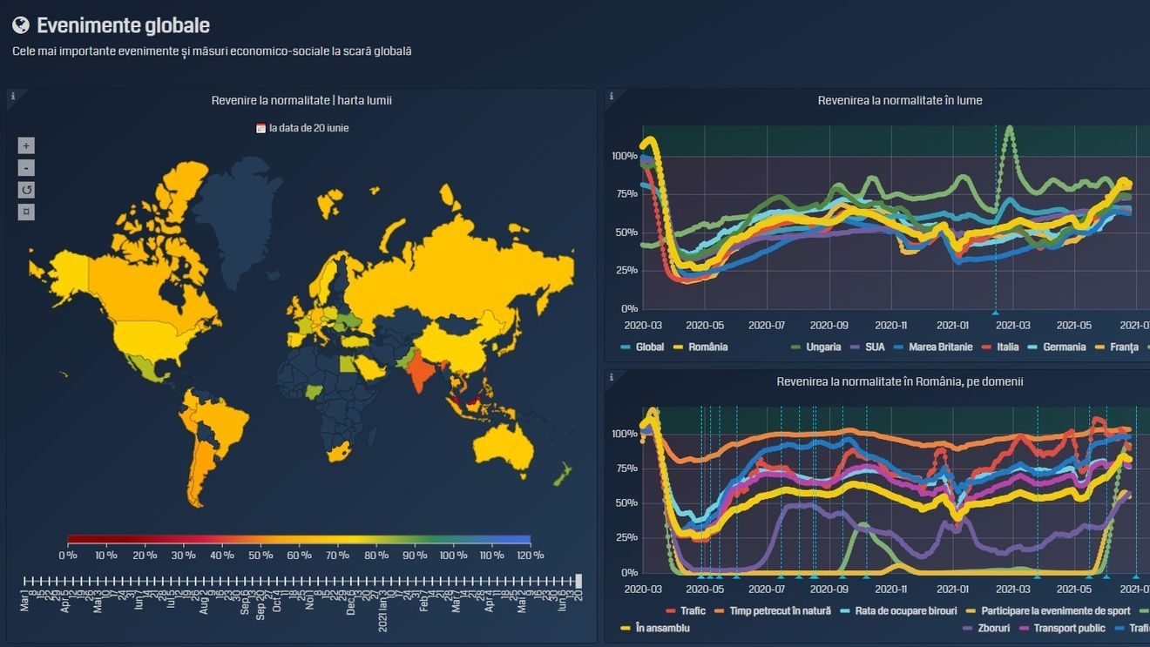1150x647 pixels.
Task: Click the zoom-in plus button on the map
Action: pyautogui.click(x=26, y=145)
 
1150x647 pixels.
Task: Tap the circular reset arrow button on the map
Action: pyautogui.click(x=26, y=190)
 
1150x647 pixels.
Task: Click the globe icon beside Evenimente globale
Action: pyautogui.click(x=21, y=25)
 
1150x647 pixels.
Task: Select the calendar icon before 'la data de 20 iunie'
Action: pyautogui.click(x=260, y=128)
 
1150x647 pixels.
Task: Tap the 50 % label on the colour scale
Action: pyautogui.click(x=260, y=556)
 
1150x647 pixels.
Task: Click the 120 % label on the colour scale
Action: pyautogui.click(x=530, y=556)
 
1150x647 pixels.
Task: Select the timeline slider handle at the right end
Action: pyautogui.click(x=579, y=580)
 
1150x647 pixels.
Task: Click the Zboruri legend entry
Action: pyautogui.click(x=991, y=628)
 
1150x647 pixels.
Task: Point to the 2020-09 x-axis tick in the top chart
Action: pyautogui.click(x=829, y=326)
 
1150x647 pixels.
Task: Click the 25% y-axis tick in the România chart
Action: pyautogui.click(x=626, y=537)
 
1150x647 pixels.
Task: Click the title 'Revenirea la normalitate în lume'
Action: pyautogui.click(x=899, y=100)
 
